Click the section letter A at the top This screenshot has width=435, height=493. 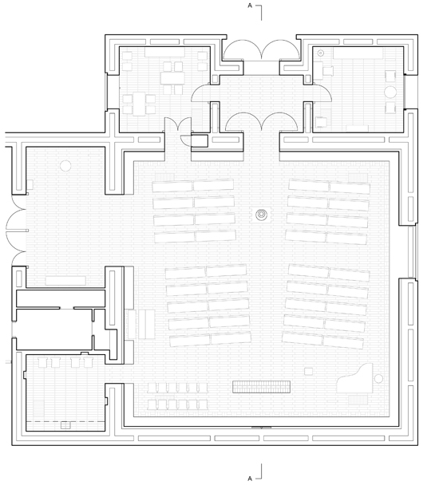pos(250,6)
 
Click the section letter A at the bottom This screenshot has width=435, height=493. pos(250,479)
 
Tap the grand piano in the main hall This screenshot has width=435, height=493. pos(354,379)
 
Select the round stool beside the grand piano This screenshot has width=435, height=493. pos(378,379)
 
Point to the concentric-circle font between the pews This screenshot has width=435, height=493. pos(261,215)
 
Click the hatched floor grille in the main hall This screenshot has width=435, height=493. pos(261,387)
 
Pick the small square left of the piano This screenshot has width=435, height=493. pos(309,371)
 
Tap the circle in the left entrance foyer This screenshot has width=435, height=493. pos(65,166)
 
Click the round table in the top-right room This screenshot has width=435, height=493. pos(390,92)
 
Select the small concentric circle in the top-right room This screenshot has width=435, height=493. pos(321,53)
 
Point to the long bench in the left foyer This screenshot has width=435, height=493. pos(65,281)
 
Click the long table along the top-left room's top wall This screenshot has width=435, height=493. pos(164,52)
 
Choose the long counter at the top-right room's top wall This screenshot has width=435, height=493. pos(358,53)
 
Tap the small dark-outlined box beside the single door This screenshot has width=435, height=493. pos(200,140)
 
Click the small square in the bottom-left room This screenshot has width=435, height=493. pos(65,425)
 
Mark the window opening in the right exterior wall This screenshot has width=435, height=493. pos(413,252)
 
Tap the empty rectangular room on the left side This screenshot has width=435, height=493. pos(53,329)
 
